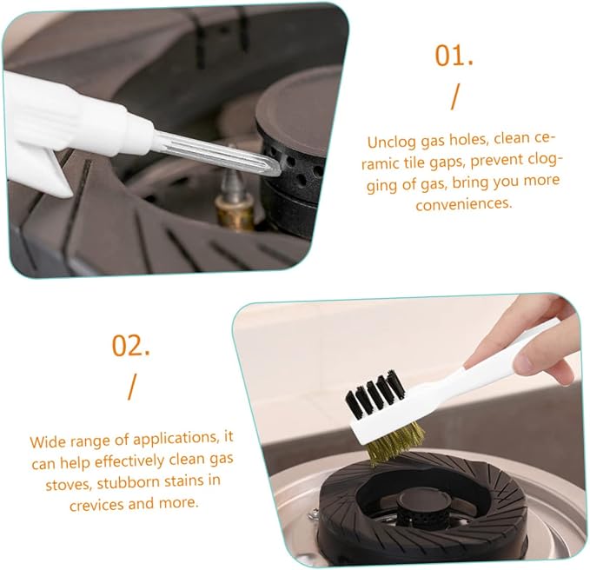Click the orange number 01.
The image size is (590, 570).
click(x=454, y=56)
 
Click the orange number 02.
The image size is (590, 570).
click(x=130, y=345)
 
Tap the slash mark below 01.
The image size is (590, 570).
click(x=455, y=96)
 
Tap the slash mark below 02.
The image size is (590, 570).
click(x=131, y=387)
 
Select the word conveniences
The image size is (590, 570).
click(x=464, y=204)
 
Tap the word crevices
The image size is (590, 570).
click(x=96, y=505)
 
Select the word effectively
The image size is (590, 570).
click(x=129, y=461)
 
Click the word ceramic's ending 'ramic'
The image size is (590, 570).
click(x=379, y=163)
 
